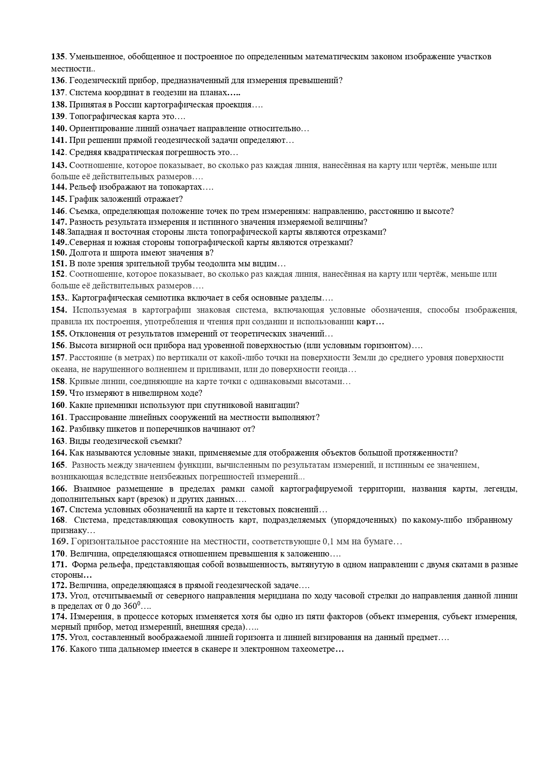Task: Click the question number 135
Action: [58, 57]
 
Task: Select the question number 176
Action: [58, 649]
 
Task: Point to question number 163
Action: [58, 441]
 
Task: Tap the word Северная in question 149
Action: [86, 242]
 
